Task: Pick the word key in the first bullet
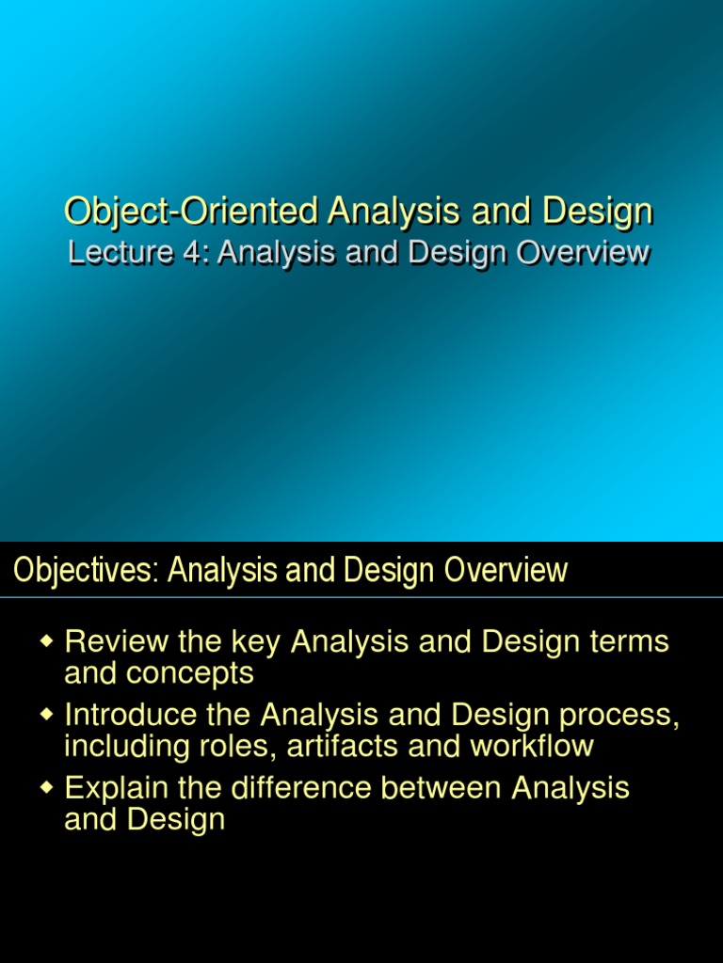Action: [x=256, y=643]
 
